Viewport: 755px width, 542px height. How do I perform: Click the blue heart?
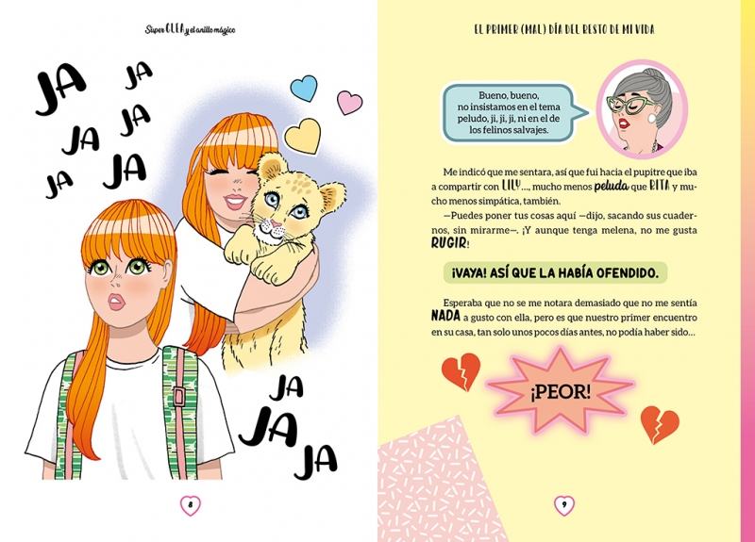click(304, 88)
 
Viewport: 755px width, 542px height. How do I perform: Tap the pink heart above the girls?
click(349, 103)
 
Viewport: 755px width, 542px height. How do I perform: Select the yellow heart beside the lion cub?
click(303, 136)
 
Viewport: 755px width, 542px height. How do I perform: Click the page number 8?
click(191, 505)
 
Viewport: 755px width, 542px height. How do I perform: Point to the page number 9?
click(564, 505)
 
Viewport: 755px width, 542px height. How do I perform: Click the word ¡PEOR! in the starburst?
click(560, 393)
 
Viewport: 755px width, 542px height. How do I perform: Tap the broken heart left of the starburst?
click(461, 371)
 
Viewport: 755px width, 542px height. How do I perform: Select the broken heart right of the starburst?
click(660, 424)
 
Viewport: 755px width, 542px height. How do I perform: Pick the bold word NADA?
click(445, 317)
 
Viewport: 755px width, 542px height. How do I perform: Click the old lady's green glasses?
click(630, 104)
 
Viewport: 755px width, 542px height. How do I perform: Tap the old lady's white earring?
click(652, 119)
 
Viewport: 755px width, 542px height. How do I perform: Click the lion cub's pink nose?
click(275, 223)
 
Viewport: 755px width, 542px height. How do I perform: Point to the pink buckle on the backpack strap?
click(180, 396)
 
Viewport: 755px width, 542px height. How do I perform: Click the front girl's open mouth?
click(116, 301)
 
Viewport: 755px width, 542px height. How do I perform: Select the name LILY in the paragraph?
click(511, 185)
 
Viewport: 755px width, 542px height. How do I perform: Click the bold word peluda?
click(612, 186)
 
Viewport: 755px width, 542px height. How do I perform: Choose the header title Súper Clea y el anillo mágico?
click(191, 30)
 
